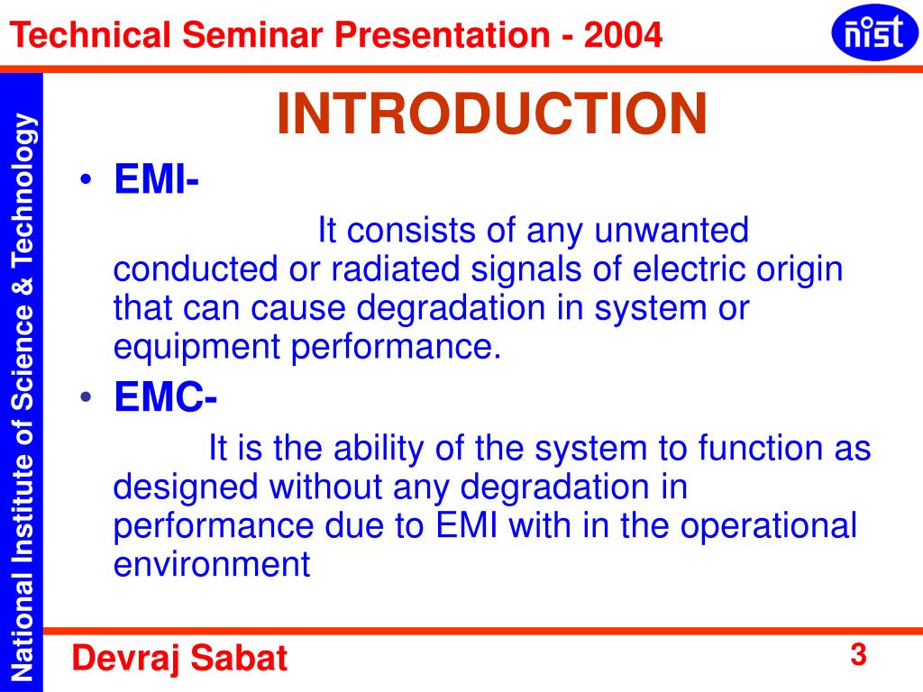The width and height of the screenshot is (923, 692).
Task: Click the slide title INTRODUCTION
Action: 491,115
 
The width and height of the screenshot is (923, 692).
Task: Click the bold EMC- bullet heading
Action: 165,397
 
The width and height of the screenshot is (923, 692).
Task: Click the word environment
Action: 212,565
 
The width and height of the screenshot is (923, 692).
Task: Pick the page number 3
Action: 858,655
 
